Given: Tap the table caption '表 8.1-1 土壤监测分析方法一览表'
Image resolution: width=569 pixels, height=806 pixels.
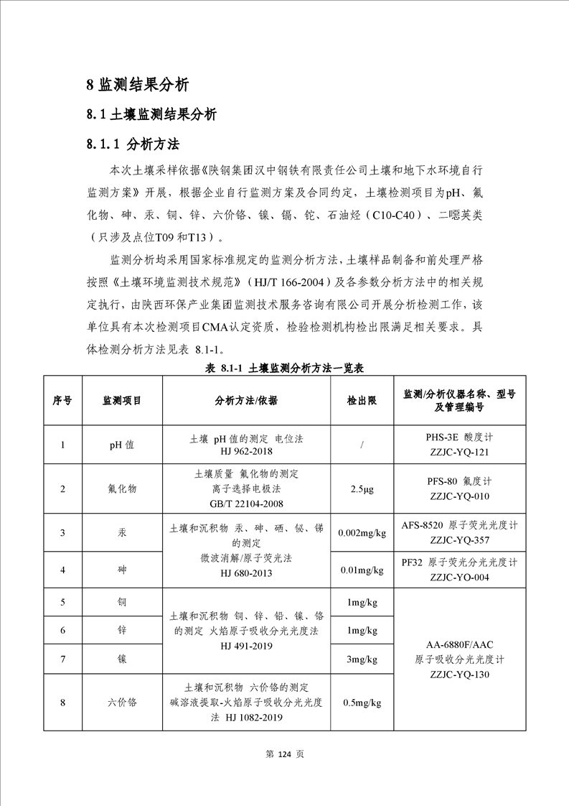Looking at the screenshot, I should click(285, 369).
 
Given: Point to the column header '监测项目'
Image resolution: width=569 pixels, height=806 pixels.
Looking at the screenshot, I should click(122, 400).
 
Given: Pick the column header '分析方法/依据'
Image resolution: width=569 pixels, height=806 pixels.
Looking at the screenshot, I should click(246, 400).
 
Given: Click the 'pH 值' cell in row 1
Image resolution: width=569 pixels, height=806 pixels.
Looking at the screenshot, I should click(122, 445).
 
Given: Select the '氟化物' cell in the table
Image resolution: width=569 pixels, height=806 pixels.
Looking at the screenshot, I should click(122, 488).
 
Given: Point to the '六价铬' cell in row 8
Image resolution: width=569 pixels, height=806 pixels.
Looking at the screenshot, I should click(122, 702).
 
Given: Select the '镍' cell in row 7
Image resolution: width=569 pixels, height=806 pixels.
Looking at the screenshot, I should click(122, 658).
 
